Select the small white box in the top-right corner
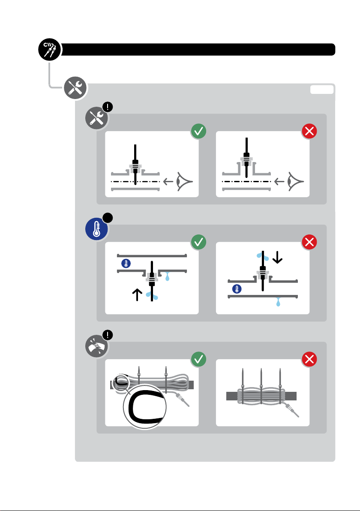(x=322, y=89)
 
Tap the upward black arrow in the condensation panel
(x=137, y=295)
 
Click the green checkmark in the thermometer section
(x=198, y=242)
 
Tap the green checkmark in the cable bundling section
(x=198, y=360)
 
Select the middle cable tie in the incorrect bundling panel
(x=261, y=388)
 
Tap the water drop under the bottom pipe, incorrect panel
(x=279, y=303)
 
